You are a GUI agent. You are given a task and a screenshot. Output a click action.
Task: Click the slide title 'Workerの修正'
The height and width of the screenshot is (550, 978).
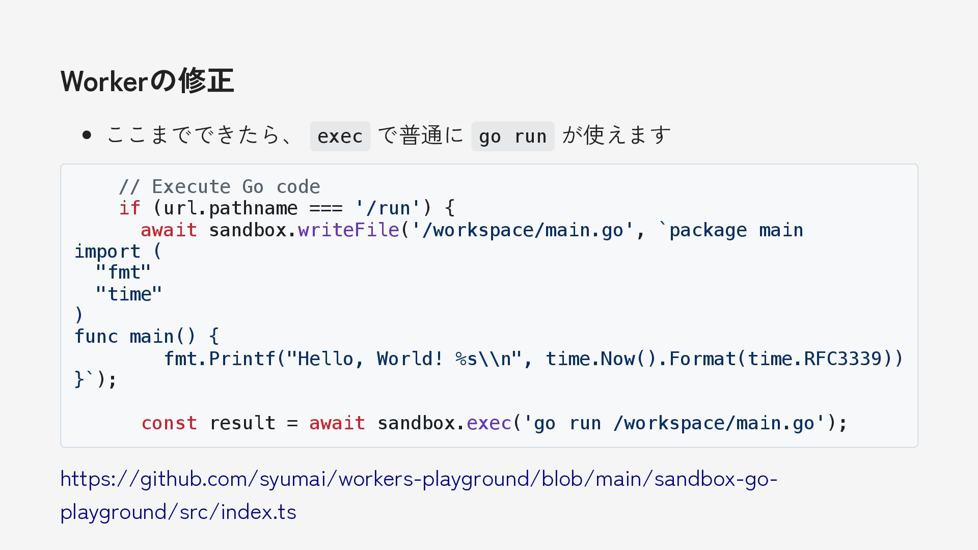pos(147,81)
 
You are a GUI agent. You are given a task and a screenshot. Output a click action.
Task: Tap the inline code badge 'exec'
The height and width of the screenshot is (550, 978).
pos(340,136)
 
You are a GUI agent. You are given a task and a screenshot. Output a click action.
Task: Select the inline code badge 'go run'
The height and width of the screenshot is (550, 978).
pos(512,136)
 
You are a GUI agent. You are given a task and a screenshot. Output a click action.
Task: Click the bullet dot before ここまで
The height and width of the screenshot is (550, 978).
pos(87,135)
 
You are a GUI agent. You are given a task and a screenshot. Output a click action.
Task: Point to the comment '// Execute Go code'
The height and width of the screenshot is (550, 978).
pos(220,187)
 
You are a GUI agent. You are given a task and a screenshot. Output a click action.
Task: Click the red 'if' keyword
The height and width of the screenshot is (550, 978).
pos(129,208)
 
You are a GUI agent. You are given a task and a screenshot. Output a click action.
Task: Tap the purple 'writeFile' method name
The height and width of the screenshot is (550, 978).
pos(348,230)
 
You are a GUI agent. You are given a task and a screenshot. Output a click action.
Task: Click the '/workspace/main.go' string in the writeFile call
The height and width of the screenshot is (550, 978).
pos(522,230)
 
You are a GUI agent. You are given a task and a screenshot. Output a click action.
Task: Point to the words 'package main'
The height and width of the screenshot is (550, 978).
pos(736,230)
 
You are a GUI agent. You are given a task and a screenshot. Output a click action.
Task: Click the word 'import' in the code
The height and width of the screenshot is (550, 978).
pos(107,252)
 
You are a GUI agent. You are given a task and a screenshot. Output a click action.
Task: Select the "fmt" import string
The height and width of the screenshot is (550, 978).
pos(123,272)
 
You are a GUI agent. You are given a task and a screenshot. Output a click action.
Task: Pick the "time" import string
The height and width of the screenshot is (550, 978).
pos(129,294)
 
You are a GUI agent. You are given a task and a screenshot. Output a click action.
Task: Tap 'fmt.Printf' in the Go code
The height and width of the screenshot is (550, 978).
pos(220,359)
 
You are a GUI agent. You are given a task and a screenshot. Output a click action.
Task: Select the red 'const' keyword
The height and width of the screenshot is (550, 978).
pos(169,423)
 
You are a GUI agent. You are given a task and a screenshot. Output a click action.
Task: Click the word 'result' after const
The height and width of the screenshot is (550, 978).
pos(242,423)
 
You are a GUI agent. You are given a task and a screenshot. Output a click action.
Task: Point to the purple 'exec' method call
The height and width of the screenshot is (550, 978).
pos(489,423)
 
